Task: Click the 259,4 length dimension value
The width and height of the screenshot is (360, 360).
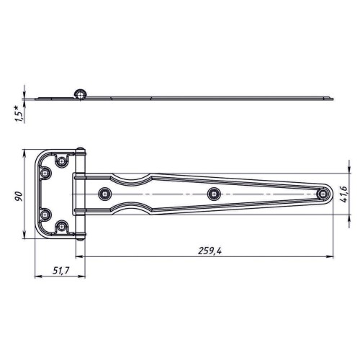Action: tap(210, 251)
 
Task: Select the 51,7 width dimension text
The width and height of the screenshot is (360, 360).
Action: tap(61, 271)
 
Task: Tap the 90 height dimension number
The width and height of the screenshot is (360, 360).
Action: tap(19, 196)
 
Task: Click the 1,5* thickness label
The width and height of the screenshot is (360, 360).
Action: tap(19, 114)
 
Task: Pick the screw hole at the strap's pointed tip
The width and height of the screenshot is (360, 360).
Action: tap(323, 194)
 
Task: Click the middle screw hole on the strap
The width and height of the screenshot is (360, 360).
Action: tap(214, 194)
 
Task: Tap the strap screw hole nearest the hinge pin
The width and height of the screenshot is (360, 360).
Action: tap(105, 194)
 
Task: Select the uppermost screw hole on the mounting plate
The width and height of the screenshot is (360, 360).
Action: tap(62, 161)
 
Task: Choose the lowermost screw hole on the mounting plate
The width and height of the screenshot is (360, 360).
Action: tap(62, 226)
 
